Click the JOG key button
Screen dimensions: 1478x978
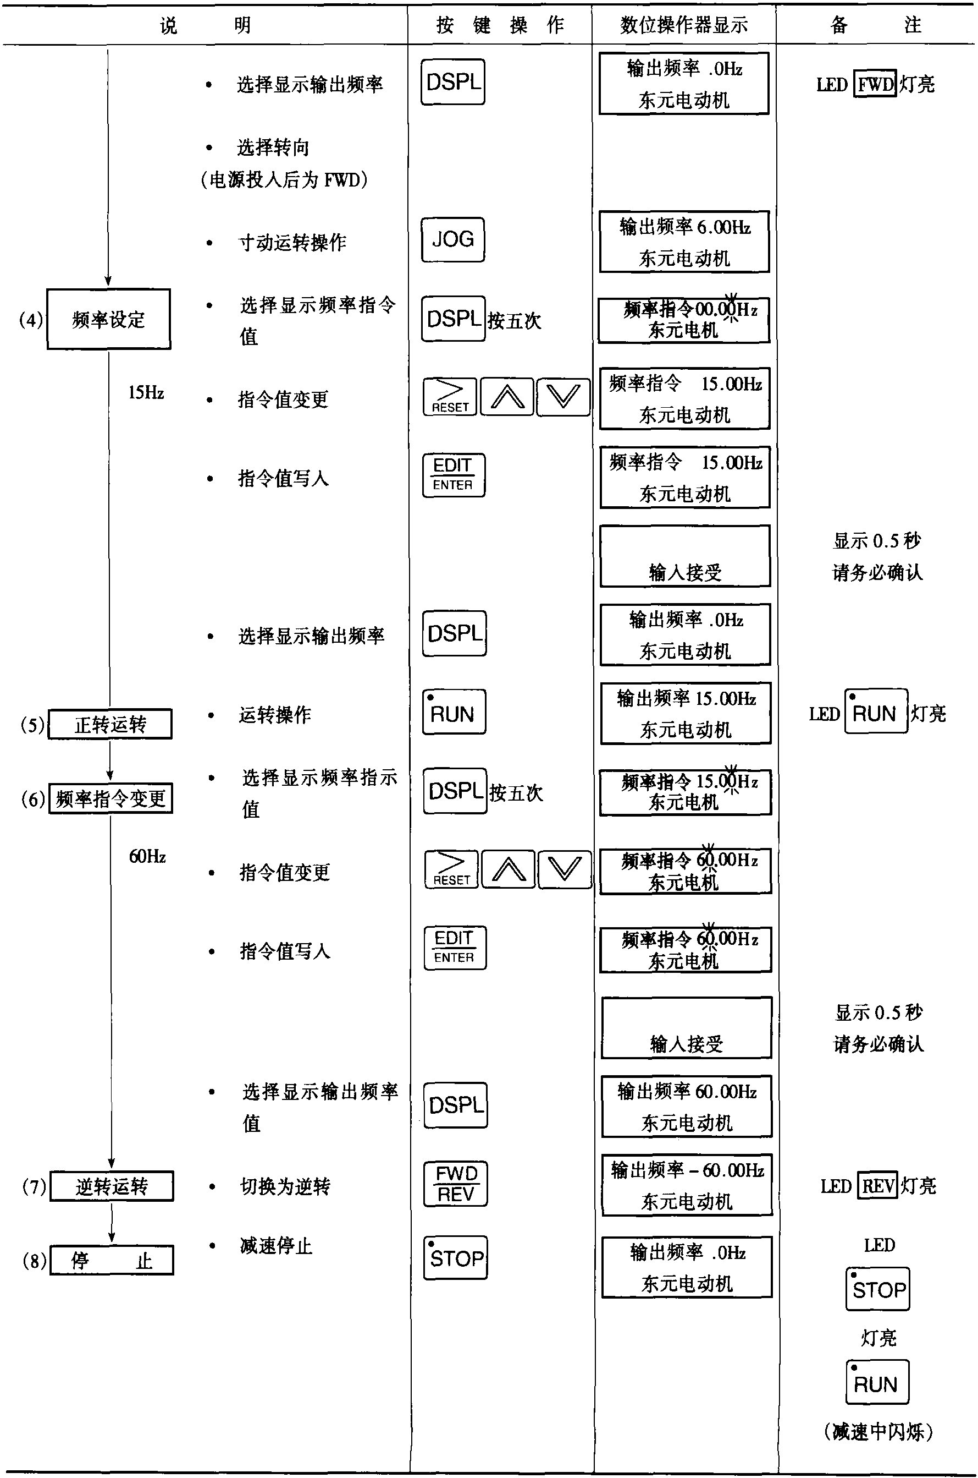(x=453, y=240)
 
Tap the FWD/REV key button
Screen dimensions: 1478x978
(x=455, y=1184)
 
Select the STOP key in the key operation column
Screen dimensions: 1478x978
(x=455, y=1258)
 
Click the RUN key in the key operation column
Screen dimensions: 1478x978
(x=454, y=712)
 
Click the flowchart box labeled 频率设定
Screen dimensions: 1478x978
(x=108, y=319)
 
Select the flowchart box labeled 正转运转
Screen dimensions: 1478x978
(x=110, y=724)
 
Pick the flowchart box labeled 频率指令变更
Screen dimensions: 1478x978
(x=110, y=798)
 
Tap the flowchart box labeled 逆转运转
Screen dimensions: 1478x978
(x=112, y=1186)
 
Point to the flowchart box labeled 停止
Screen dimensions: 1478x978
(x=112, y=1260)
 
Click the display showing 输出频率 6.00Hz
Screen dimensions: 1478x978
(x=684, y=242)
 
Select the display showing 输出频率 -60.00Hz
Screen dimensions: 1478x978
(x=687, y=1185)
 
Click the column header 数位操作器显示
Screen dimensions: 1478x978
(x=683, y=25)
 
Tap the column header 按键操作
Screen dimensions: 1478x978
(x=500, y=25)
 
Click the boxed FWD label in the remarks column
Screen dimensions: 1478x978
(x=875, y=84)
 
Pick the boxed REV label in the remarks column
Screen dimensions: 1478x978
(x=877, y=1185)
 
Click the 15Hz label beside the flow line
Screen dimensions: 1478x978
(x=146, y=392)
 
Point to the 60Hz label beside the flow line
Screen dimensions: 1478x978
(x=147, y=856)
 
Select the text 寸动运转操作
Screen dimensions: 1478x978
(x=292, y=242)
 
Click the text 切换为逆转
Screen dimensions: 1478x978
(x=285, y=1186)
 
